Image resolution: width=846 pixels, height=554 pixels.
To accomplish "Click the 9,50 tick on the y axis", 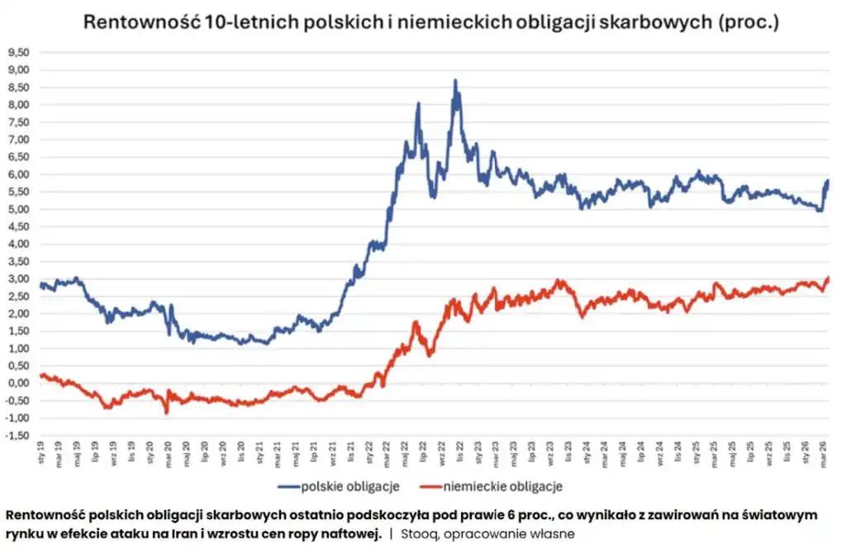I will click(x=19, y=53).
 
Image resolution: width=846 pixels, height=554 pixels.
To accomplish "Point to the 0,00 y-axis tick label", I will click(x=19, y=383).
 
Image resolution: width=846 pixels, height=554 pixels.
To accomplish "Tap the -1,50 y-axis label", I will click(x=17, y=435).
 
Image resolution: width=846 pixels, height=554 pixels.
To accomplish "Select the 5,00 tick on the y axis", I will click(x=19, y=210).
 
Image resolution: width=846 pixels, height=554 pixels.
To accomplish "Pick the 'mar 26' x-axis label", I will click(x=824, y=452).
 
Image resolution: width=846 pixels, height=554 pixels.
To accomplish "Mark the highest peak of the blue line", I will click(x=454, y=81).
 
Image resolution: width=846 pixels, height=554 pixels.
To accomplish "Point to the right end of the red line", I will click(x=827, y=278).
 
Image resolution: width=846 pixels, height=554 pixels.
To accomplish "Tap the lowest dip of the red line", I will click(x=166, y=412).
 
